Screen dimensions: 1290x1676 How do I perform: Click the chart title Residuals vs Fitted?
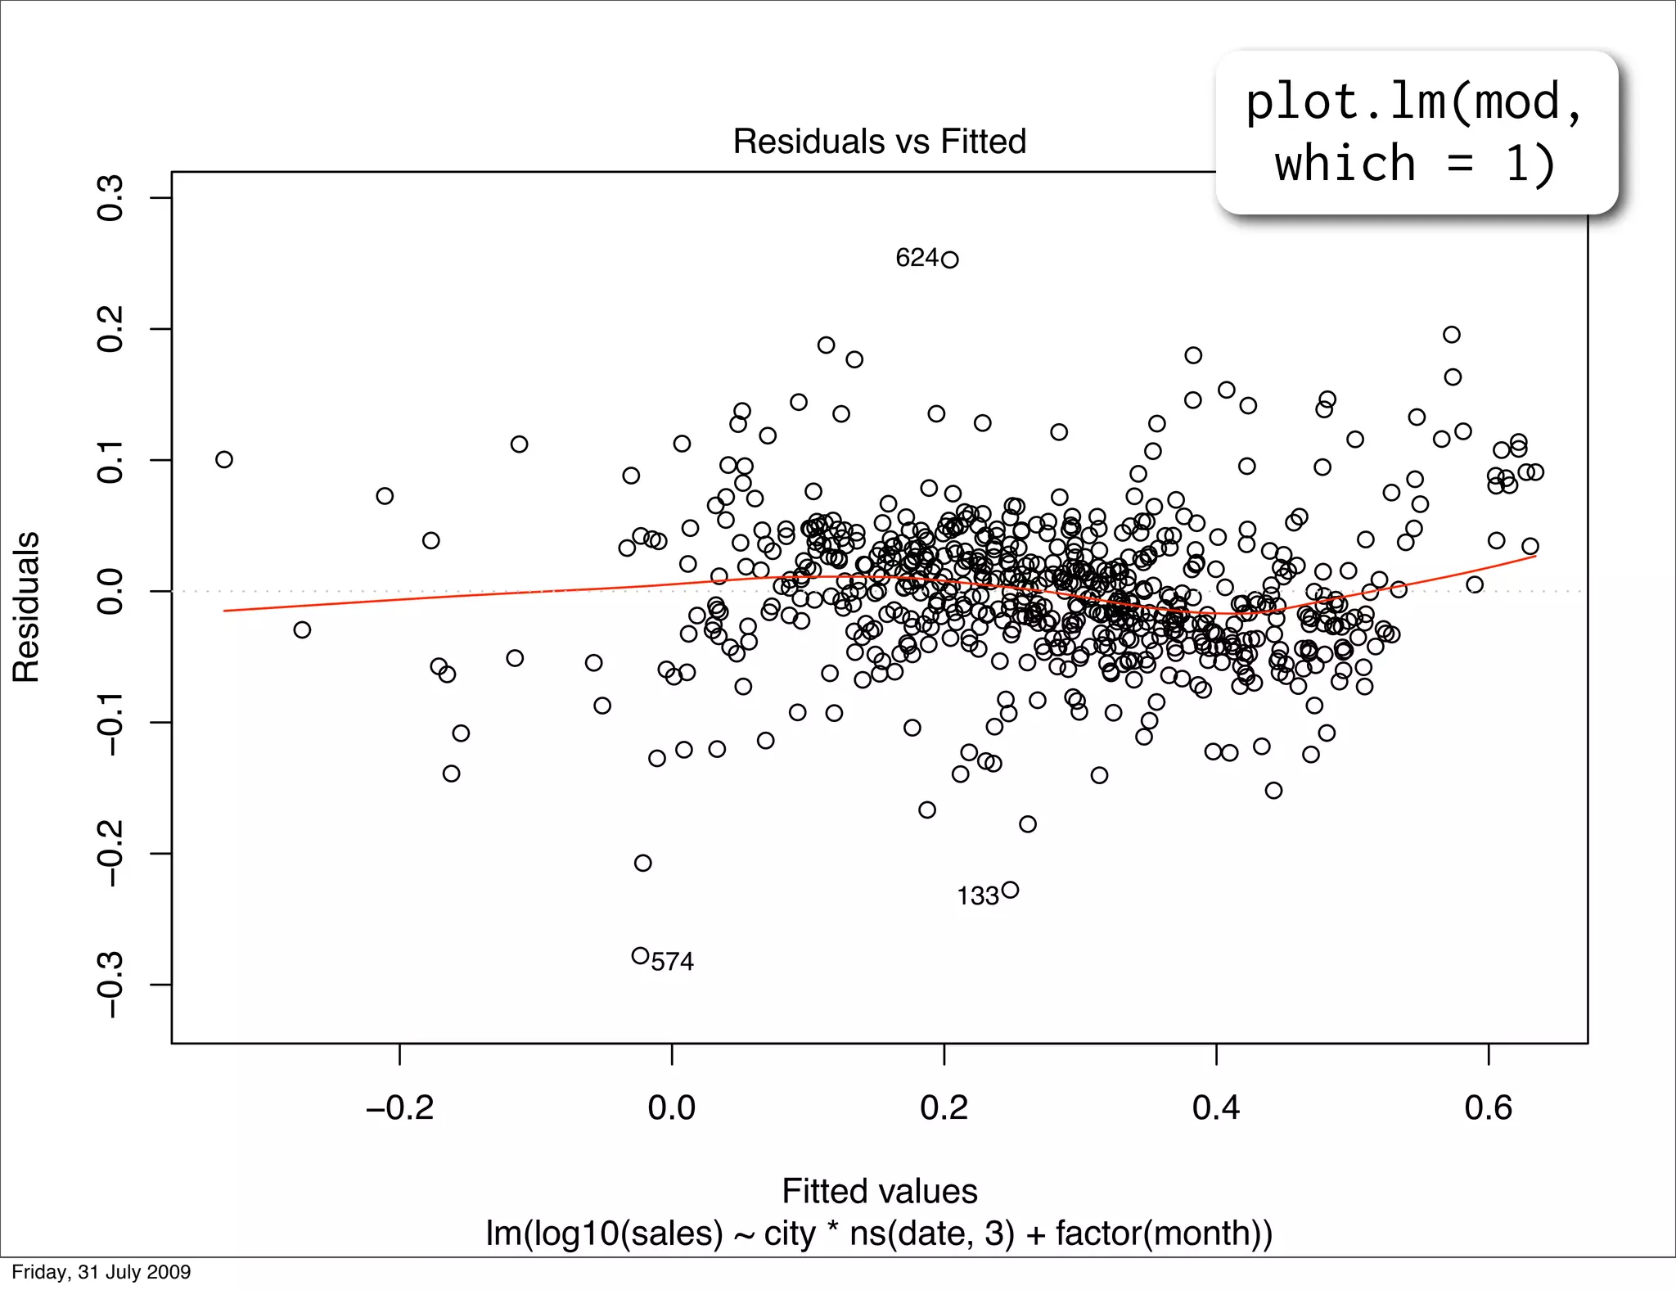879,142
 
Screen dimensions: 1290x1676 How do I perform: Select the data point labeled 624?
949,260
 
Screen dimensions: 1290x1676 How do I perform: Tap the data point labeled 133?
1010,890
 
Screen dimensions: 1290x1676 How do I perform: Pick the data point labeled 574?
641,955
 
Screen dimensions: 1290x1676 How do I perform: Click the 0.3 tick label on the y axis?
110,198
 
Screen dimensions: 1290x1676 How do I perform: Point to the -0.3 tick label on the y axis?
110,985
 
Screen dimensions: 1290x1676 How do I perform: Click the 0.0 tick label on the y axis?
110,591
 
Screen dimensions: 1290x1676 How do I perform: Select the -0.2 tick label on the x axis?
399,1108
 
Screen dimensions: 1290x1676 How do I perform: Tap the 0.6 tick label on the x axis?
1488,1108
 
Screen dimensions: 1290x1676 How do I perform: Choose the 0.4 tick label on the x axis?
1216,1108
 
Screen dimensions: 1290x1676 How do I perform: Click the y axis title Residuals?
26,607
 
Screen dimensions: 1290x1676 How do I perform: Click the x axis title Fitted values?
879,1191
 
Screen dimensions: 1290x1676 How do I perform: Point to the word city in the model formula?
789,1234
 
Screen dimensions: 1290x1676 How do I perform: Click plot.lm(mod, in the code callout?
1414,103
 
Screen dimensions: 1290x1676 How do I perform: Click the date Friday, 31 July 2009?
101,1272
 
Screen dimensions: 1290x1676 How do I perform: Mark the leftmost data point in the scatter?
224,459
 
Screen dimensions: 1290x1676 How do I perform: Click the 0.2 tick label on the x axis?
944,1108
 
